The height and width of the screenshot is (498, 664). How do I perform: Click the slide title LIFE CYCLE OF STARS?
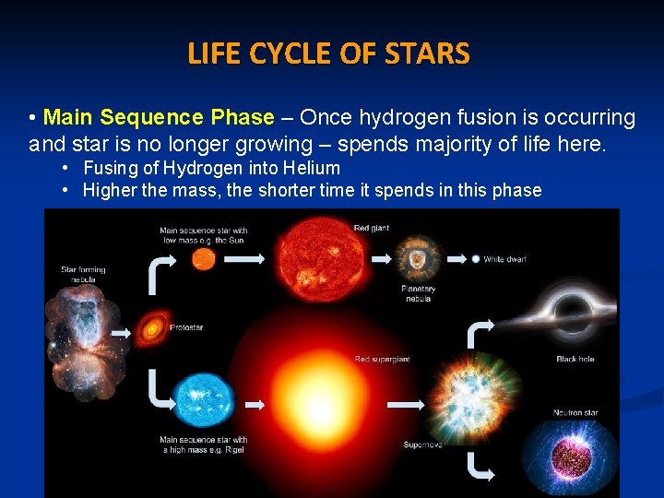coord(328,54)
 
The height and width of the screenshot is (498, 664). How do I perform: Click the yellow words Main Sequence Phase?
coord(159,118)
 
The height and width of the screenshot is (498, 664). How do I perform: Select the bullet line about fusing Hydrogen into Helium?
coord(211,168)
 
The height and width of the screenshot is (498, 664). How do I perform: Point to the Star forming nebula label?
coord(83,274)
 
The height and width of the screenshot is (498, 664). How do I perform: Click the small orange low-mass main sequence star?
coord(203,259)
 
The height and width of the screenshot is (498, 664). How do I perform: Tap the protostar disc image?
coord(152,326)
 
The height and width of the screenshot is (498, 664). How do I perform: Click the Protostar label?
coord(186,327)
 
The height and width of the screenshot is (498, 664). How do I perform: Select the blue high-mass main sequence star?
coord(204,401)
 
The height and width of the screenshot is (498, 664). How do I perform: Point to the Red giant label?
coord(371,227)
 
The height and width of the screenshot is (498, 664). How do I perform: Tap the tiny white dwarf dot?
coord(475,259)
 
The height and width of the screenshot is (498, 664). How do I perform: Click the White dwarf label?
coord(505,259)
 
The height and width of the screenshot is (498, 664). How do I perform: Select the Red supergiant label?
coord(382,358)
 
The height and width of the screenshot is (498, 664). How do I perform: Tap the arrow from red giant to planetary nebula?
coord(378,259)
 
